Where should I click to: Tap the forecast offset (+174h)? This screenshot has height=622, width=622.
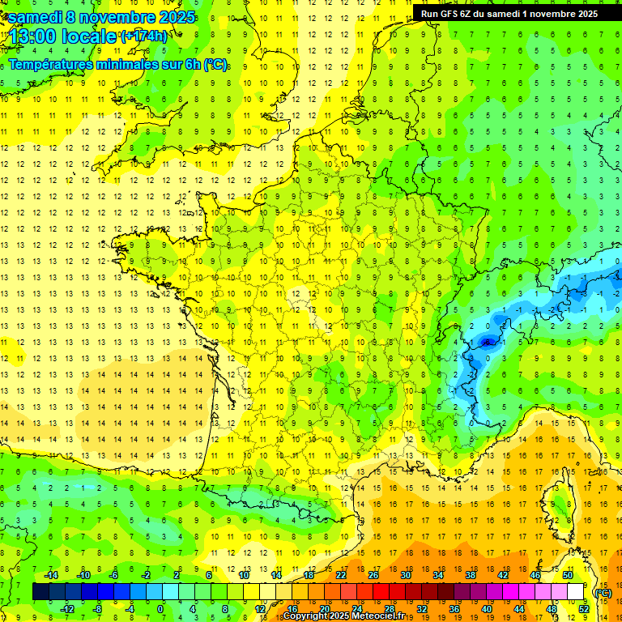pos(143,36)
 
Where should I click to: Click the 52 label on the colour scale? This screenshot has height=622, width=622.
pos(584,608)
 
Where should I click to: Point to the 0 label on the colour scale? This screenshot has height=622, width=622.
pos(160,608)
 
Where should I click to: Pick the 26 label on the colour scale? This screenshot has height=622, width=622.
pos(373,575)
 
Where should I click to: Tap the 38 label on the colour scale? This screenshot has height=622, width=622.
pos(470,575)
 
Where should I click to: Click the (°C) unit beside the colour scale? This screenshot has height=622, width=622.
pos(603,593)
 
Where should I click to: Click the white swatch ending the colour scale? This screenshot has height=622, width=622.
pos(576,592)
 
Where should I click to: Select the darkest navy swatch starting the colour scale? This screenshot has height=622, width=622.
pos(40,592)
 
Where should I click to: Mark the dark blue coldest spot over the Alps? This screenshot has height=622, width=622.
pos(488,342)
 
